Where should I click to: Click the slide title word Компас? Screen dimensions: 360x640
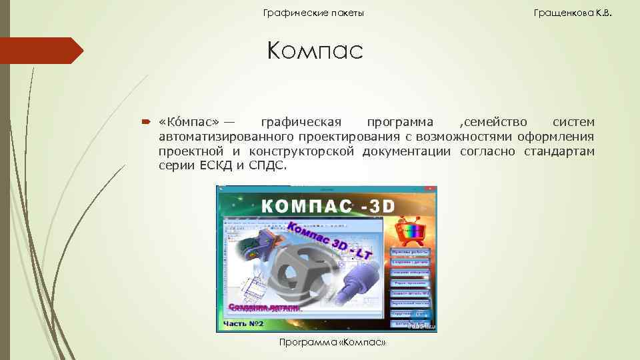pyautogui.click(x=315, y=51)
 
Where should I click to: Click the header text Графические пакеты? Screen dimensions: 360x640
pyautogui.click(x=313, y=13)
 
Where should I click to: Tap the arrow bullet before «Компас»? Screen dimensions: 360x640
pyautogui.click(x=146, y=122)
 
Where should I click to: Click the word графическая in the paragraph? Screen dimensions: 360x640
pyautogui.click(x=301, y=122)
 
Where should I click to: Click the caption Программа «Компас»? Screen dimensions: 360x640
pyautogui.click(x=333, y=343)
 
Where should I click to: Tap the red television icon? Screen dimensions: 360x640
pyautogui.click(x=411, y=231)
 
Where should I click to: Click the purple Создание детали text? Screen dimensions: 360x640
pyautogui.click(x=265, y=308)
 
